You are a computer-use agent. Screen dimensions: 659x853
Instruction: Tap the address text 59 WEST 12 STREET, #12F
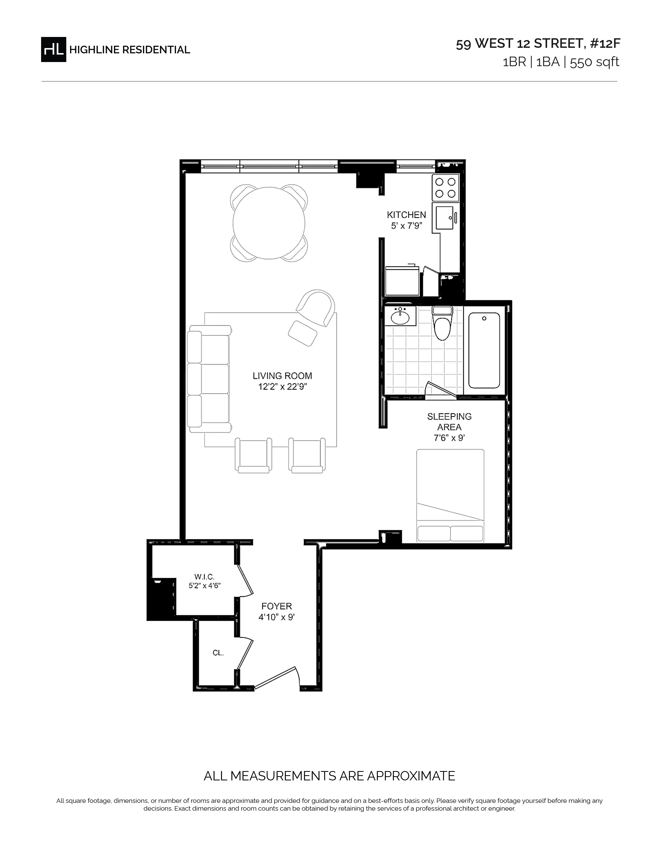point(538,44)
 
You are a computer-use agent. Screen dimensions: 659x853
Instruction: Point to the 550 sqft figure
point(595,62)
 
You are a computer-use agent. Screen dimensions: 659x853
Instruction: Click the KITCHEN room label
point(407,215)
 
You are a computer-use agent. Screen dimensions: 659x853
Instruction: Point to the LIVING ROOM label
point(282,376)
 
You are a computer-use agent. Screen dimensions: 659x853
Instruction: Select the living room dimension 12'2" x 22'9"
point(282,387)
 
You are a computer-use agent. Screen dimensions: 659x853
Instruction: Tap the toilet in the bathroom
point(442,323)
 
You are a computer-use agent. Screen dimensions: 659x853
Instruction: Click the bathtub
point(484,350)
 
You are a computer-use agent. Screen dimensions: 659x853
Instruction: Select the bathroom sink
point(400,316)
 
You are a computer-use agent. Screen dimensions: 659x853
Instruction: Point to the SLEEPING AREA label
point(449,422)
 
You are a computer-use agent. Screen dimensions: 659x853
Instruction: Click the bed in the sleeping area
point(450,496)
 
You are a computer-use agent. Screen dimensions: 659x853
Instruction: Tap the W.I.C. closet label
point(205,577)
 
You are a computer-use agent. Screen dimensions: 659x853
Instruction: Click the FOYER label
point(277,606)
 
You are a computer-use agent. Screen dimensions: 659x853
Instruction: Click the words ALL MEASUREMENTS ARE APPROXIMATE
point(329,776)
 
